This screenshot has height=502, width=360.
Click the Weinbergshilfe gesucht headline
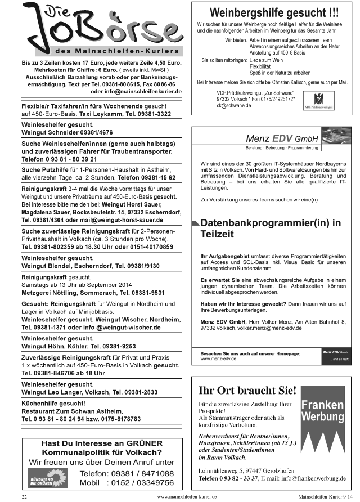click(274, 12)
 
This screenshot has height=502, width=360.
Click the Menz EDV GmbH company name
click(282, 138)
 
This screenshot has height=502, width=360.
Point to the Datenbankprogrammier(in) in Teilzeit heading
click(271, 228)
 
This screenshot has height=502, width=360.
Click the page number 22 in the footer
click(24, 497)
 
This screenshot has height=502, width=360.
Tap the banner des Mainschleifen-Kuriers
click(105, 50)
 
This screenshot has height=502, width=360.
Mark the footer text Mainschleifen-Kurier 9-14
click(325, 497)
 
